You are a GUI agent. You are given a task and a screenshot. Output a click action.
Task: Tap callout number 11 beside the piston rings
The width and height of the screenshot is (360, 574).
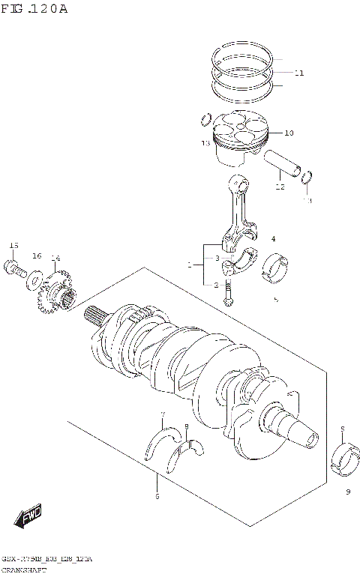(299, 73)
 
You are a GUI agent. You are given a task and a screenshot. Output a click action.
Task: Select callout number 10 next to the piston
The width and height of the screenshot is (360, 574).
(289, 133)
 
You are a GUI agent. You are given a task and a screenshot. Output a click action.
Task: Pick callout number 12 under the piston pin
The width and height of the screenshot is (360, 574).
(280, 187)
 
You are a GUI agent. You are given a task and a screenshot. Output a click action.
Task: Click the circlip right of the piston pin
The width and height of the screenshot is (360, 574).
(307, 178)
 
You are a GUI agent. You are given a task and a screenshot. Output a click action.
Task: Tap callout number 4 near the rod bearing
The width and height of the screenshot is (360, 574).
(273, 239)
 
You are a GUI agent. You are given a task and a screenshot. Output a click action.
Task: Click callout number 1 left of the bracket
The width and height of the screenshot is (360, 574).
(190, 265)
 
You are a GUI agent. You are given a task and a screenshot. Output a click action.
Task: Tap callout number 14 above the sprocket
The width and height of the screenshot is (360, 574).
(55, 259)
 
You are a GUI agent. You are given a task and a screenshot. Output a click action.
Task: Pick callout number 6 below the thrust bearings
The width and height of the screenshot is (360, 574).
(156, 496)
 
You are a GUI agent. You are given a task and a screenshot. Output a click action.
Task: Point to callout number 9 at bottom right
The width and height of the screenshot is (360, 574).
(348, 492)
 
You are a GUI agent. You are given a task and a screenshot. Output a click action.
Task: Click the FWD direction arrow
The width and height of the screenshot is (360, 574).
(28, 516)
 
